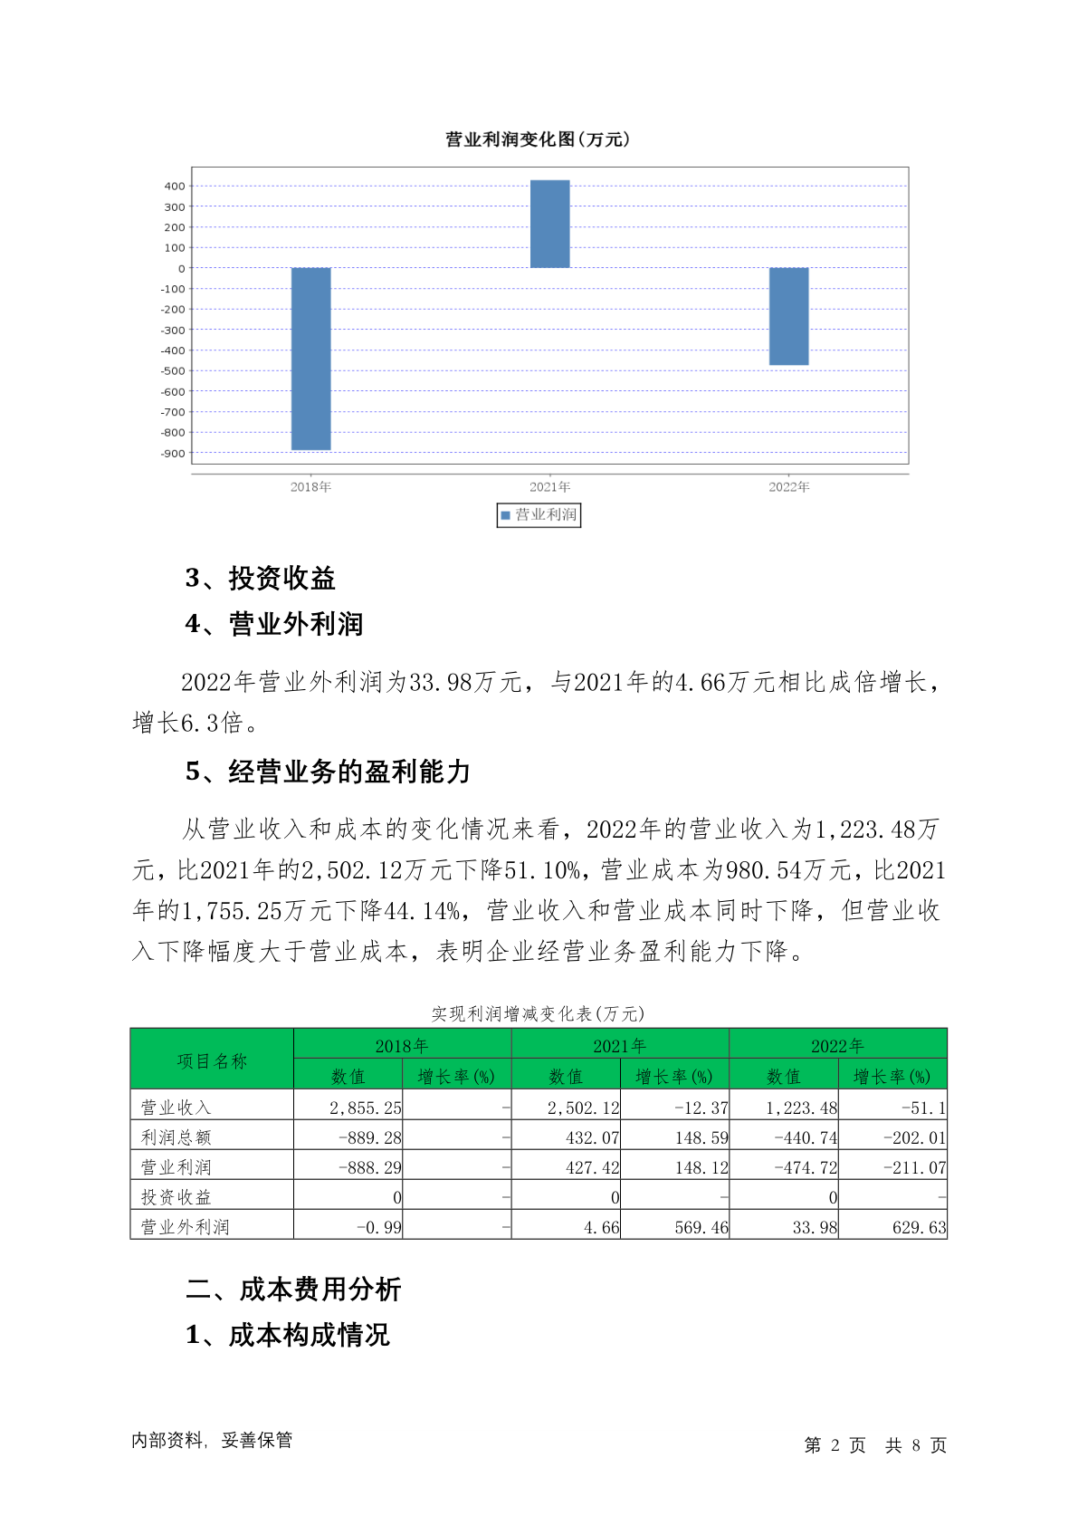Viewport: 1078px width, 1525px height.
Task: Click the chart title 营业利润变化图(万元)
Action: coord(538,139)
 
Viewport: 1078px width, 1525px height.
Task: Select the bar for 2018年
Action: coord(310,359)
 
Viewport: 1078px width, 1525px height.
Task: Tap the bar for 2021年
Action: coord(549,224)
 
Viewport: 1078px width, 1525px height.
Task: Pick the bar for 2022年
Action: coord(788,316)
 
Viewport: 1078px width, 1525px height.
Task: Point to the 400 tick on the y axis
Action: coord(175,187)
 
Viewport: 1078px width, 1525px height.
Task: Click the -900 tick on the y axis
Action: coord(173,454)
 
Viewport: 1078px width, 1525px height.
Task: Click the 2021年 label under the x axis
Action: coord(549,487)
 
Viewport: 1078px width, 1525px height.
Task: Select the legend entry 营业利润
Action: coord(539,515)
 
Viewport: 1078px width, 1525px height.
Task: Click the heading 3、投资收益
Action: coord(261,578)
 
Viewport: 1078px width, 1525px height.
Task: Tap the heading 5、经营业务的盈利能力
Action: coord(328,772)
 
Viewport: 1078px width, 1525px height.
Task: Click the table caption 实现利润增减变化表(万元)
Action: coord(538,1013)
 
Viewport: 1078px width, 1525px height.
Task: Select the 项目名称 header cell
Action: coord(212,1060)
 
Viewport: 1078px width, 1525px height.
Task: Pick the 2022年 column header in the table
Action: coord(837,1046)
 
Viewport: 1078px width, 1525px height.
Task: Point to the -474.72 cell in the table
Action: coord(806,1167)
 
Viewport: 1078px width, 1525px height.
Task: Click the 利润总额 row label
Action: coord(176,1137)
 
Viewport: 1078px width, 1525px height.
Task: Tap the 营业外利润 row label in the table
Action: coord(185,1227)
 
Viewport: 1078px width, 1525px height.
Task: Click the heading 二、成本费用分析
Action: coord(293,1290)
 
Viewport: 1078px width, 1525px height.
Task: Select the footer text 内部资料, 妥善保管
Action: coord(212,1440)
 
